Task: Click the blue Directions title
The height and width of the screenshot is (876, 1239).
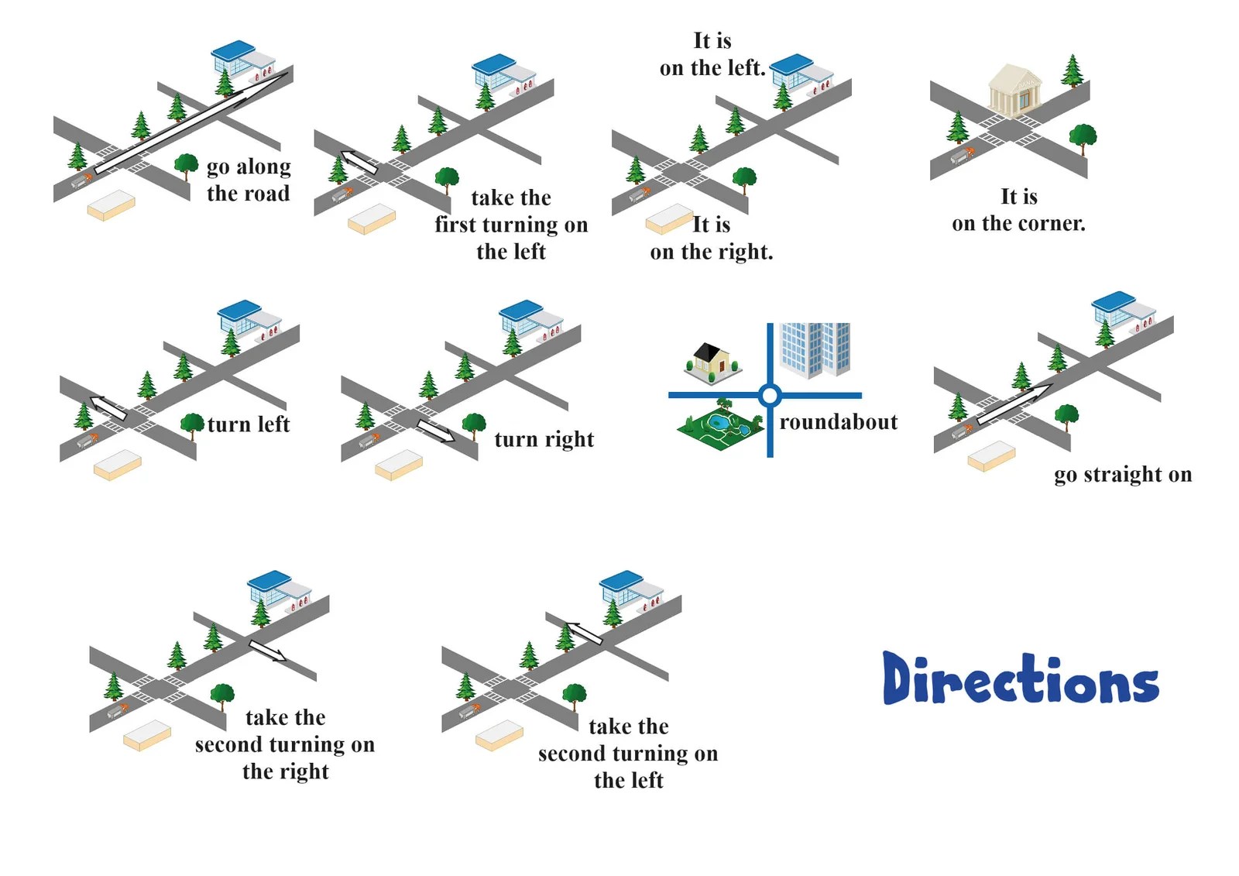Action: click(x=1020, y=679)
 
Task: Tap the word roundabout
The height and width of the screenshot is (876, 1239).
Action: click(x=839, y=422)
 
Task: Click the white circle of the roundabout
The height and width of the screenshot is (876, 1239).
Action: click(x=769, y=396)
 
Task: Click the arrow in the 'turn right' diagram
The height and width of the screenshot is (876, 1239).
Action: click(x=436, y=431)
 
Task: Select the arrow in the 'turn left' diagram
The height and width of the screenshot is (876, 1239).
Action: click(x=108, y=407)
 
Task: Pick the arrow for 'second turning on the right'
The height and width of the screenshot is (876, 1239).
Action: click(x=267, y=651)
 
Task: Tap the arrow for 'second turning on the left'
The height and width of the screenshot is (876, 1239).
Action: click(x=584, y=633)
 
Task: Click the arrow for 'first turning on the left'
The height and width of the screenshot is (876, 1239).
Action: click(x=359, y=162)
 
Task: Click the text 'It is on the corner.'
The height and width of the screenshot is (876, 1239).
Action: click(x=1018, y=210)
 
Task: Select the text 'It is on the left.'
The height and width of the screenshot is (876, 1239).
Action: click(x=712, y=54)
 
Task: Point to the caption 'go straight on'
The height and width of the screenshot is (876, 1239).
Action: click(x=1122, y=474)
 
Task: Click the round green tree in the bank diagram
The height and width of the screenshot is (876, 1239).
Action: click(x=1082, y=136)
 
